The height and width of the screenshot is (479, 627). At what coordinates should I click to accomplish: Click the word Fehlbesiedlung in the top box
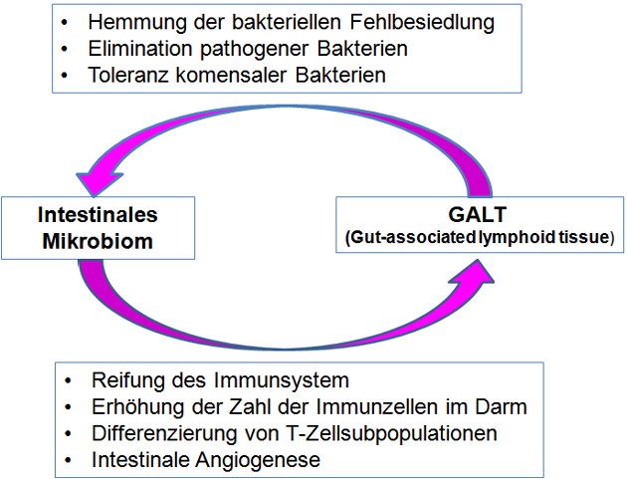422,23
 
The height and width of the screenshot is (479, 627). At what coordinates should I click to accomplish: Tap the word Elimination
140,49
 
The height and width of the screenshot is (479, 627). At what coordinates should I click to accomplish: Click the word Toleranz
128,76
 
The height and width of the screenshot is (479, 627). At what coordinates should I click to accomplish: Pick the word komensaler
231,76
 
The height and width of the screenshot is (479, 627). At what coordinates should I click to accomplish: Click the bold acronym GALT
478,214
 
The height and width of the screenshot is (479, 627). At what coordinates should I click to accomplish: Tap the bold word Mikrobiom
98,241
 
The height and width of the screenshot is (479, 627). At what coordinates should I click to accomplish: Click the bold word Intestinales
98,215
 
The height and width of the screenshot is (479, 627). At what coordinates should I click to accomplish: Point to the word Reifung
128,380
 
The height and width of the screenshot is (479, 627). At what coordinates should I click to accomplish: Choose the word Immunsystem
282,380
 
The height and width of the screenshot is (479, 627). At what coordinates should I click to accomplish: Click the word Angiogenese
258,460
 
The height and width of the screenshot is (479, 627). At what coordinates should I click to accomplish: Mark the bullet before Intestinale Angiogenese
68,460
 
